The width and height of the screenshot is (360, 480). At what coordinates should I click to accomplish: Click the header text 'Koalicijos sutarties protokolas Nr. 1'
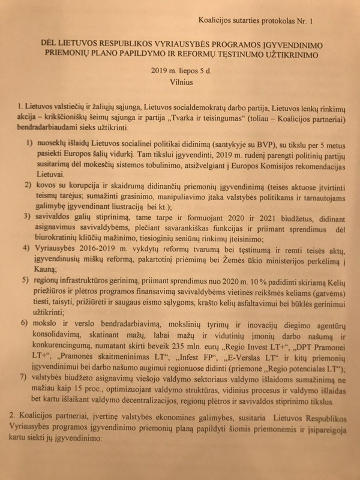click(x=262, y=21)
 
